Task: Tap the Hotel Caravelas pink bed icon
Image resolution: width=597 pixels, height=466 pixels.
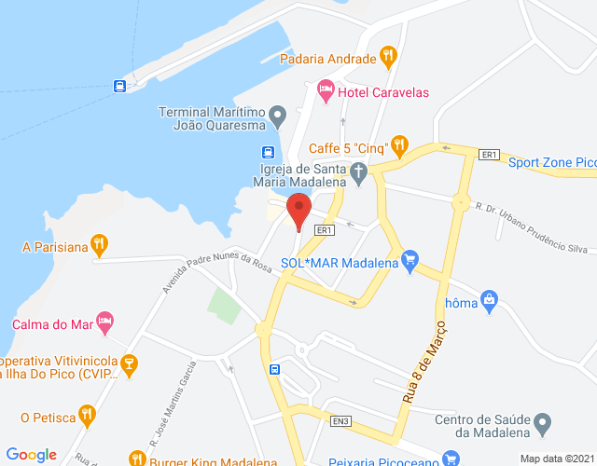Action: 326,91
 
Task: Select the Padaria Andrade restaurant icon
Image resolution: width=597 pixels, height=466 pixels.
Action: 389,58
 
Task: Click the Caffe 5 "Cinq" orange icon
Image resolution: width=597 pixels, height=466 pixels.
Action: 399,144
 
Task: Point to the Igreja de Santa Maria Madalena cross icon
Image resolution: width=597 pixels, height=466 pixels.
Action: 358,171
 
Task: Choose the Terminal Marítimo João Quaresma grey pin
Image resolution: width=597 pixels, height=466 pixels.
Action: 277,118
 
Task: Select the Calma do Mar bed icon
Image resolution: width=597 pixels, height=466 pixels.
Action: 105,323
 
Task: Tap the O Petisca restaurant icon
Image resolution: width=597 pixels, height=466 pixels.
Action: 87,415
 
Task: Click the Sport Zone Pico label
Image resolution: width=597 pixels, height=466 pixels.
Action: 551,162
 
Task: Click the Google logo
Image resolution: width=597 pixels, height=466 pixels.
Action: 32,455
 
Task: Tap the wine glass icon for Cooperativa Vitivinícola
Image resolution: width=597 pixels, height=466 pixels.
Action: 131,363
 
